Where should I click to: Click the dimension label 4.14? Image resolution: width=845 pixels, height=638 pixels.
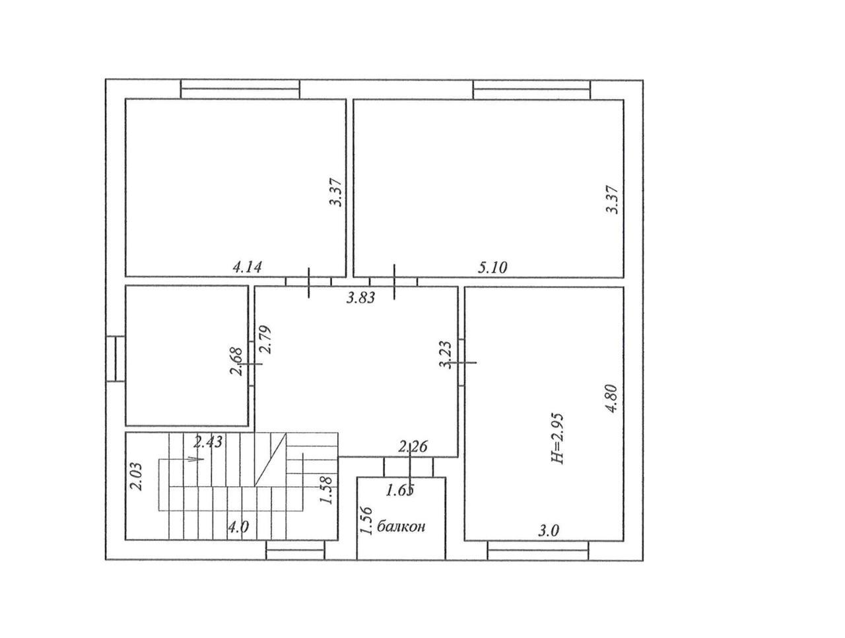click(x=247, y=267)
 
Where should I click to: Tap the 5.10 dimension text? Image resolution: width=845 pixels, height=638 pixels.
click(x=492, y=267)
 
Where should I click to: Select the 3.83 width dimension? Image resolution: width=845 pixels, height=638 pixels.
click(x=360, y=298)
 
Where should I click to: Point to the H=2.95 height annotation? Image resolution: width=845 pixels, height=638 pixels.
click(x=557, y=439)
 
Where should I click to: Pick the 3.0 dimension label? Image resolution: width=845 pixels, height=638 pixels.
click(x=548, y=532)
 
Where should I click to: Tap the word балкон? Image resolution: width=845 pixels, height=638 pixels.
click(x=401, y=526)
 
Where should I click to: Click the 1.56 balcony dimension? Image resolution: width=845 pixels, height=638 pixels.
click(x=366, y=520)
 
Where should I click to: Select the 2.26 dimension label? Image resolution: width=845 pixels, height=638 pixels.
click(x=413, y=447)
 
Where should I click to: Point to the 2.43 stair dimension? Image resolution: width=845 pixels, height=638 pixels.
click(x=208, y=442)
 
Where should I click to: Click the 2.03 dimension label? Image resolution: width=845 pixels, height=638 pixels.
click(x=137, y=476)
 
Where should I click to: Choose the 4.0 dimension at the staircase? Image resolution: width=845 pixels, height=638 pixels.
click(x=238, y=526)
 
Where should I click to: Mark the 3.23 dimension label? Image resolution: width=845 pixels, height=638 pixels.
click(x=445, y=355)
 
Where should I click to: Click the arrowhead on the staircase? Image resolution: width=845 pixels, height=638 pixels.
click(x=196, y=459)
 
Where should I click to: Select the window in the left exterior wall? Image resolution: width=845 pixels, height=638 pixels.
click(x=115, y=359)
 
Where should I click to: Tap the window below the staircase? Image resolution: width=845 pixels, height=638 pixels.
click(x=296, y=550)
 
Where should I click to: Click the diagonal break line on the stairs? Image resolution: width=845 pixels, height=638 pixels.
click(x=270, y=459)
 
